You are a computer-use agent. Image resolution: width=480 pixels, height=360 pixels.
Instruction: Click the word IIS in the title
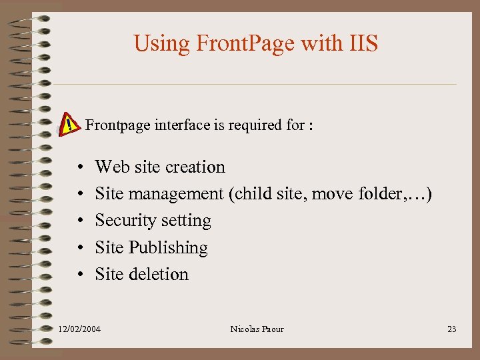click(363, 43)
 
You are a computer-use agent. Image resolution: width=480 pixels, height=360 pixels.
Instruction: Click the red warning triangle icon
click(68, 123)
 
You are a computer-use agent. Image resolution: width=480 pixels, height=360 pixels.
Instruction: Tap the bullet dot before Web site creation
click(79, 167)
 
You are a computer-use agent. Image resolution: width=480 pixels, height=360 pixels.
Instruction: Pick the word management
click(175, 194)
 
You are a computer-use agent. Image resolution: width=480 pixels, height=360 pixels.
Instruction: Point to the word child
click(254, 194)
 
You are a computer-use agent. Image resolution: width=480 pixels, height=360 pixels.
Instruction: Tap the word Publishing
click(168, 248)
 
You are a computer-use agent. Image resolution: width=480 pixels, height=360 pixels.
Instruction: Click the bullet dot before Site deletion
click(79, 275)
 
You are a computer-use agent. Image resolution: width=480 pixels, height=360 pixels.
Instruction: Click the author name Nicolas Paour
click(257, 329)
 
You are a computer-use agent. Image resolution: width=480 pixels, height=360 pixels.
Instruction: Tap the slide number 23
click(451, 329)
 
